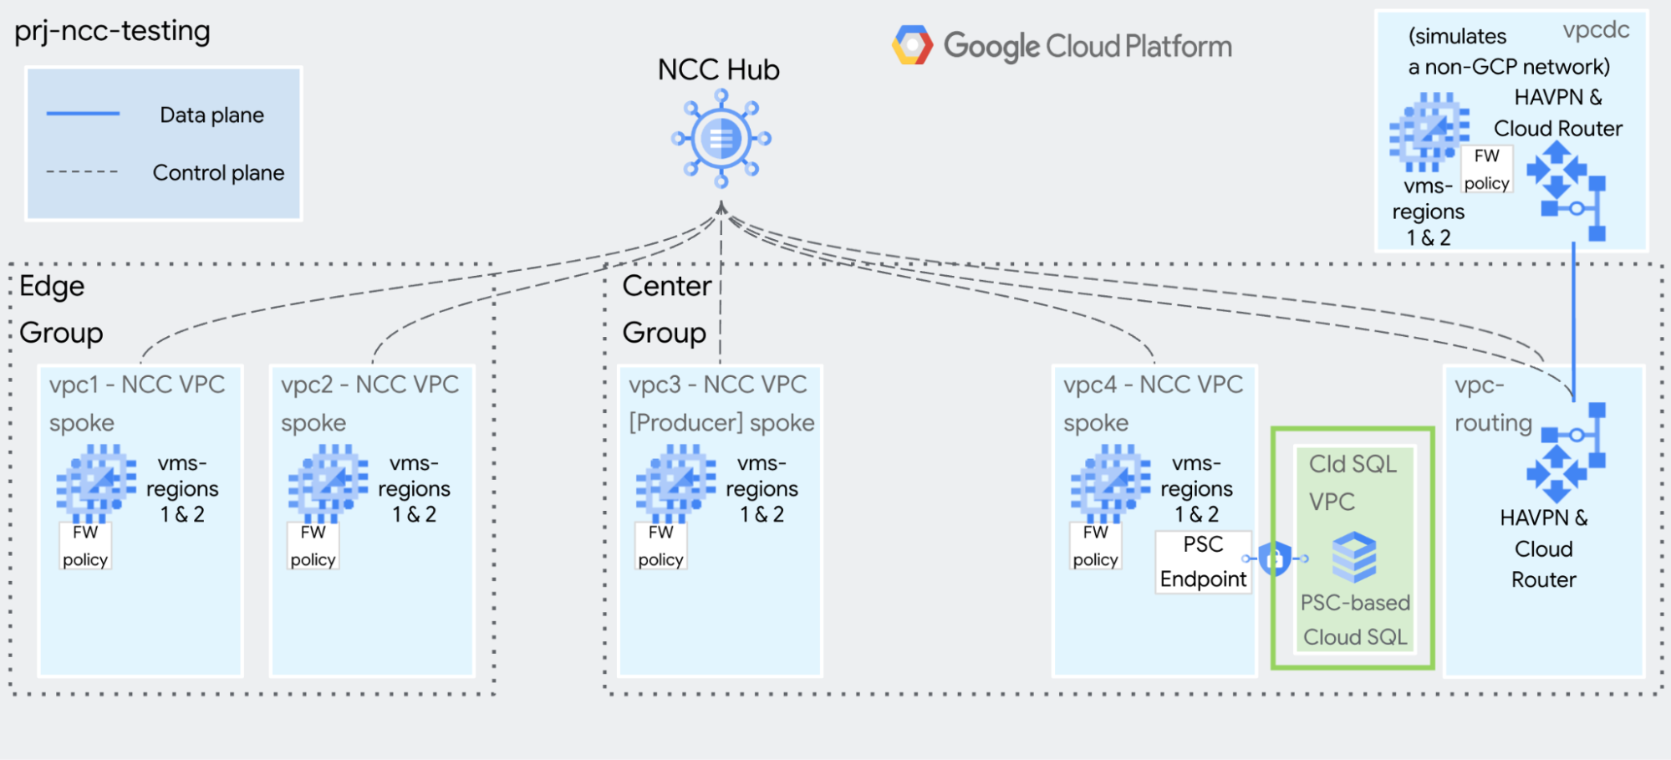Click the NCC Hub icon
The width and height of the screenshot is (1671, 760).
coord(721,139)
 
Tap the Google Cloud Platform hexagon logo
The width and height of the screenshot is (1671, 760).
coord(912,45)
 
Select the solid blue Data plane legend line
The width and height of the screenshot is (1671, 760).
coord(83,114)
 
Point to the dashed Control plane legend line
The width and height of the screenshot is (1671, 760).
coord(82,172)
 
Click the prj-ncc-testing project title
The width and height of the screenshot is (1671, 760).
coord(113,31)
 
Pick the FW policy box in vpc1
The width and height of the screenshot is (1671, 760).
coord(85,546)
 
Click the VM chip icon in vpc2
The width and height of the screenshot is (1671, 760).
coord(328,482)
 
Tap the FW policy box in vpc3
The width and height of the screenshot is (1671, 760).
coord(660,546)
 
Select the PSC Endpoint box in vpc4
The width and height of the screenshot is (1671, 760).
coord(1203,562)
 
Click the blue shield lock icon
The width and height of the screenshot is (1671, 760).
coord(1275,559)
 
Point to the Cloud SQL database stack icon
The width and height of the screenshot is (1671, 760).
coord(1354,557)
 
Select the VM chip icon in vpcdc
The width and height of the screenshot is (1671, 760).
coord(1429,131)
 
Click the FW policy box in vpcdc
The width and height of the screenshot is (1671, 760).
coord(1486,170)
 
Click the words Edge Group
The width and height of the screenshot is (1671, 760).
coord(60,309)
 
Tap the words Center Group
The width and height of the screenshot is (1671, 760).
coord(665,309)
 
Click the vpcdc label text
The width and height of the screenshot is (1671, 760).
coord(1596,30)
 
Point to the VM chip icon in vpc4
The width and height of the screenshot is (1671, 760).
coord(1110,482)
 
